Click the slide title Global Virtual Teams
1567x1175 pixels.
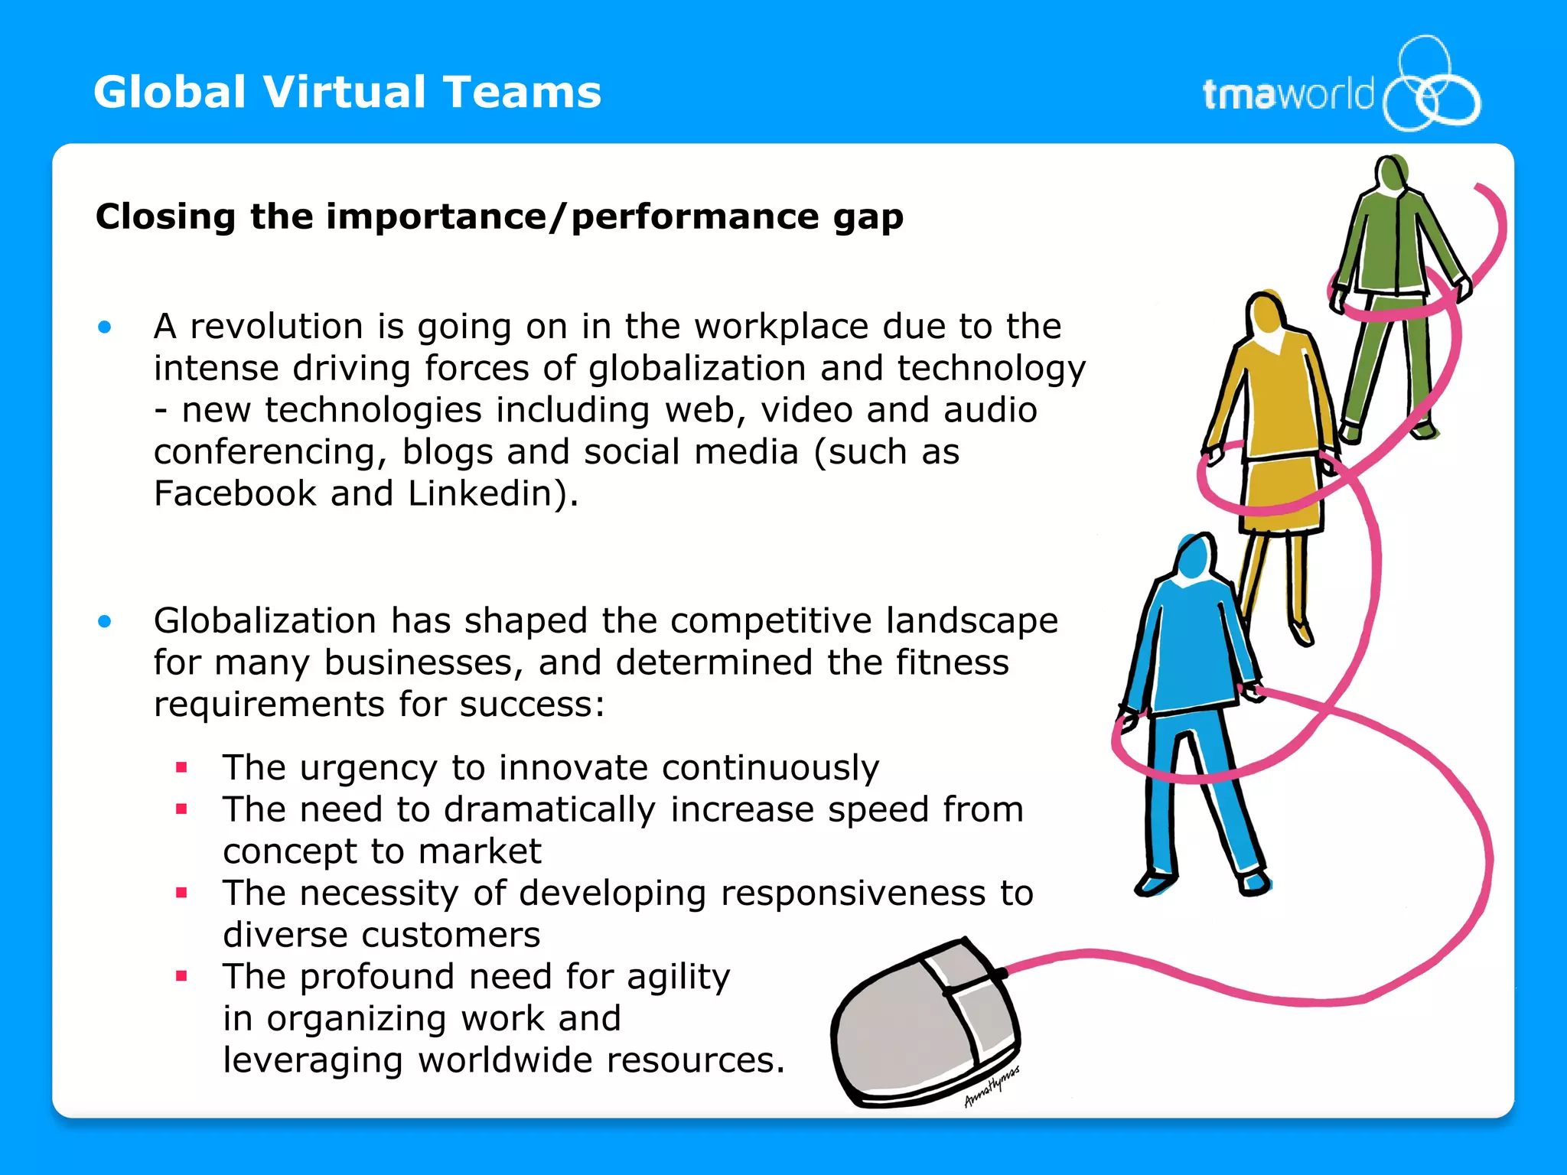click(x=347, y=93)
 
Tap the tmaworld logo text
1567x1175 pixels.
click(x=1288, y=95)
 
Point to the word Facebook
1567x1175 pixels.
click(x=235, y=493)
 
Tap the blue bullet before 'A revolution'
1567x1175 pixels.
click(x=105, y=328)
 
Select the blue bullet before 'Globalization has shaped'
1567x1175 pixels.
click(x=105, y=622)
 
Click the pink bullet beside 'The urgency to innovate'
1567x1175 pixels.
click(x=181, y=767)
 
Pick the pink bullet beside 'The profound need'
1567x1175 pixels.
click(x=181, y=976)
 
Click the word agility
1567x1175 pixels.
click(x=678, y=978)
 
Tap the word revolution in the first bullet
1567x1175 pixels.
click(x=276, y=327)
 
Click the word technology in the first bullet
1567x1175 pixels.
click(x=991, y=369)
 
